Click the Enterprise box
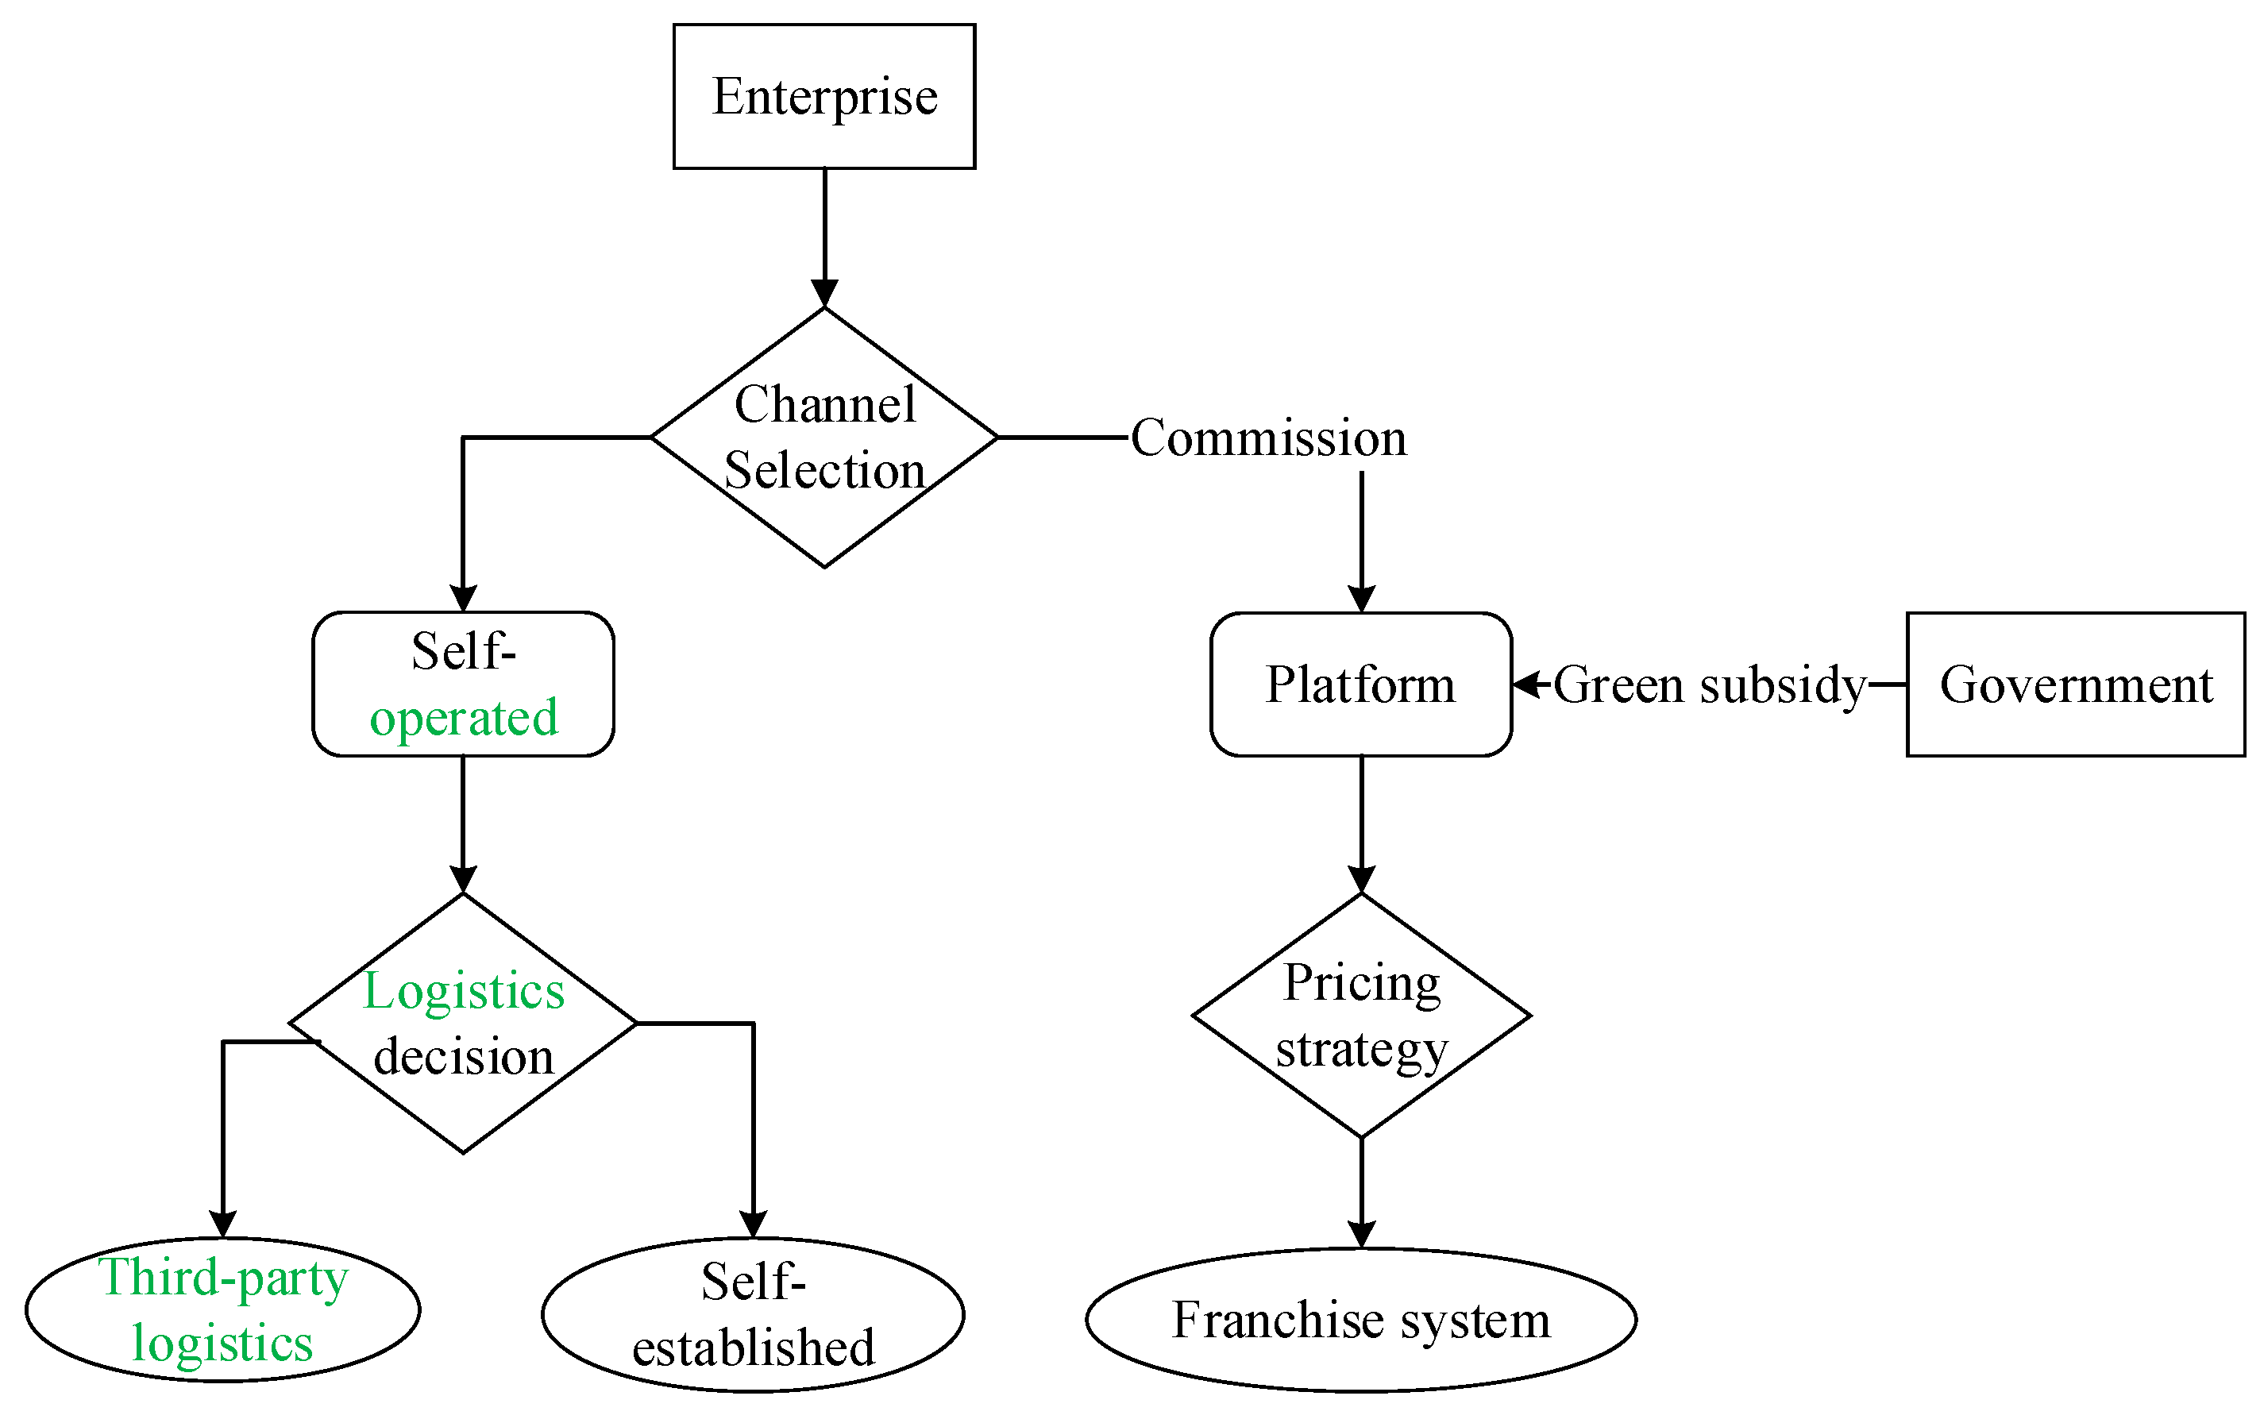coord(823,97)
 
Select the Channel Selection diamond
coord(823,438)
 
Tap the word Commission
coord(1267,438)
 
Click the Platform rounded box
coord(1360,684)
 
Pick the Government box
coord(2076,684)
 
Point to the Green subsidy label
coord(1709,685)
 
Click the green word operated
coord(464,718)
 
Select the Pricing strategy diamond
coord(1360,1016)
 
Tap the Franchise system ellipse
coord(1360,1320)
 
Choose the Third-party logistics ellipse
coord(222,1310)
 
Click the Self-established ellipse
coord(753,1314)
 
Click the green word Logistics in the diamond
coord(464,991)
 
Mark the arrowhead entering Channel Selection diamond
coord(823,294)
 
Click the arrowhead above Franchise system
coord(1360,1234)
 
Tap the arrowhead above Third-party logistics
coord(222,1224)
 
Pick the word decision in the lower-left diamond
coord(464,1058)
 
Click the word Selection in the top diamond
coord(823,470)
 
